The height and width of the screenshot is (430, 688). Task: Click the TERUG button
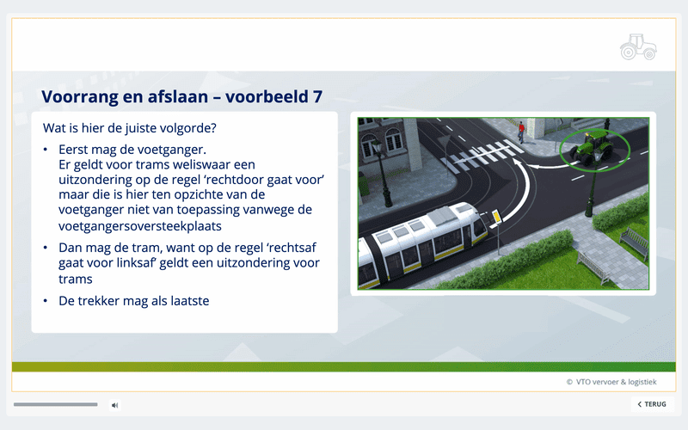[x=653, y=404]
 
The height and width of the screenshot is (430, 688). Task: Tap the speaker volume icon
[x=114, y=405]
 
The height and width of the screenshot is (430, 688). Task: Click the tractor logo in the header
[x=638, y=47]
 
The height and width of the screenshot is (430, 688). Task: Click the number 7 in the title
[x=317, y=96]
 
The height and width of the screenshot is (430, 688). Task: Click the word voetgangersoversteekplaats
[x=140, y=226]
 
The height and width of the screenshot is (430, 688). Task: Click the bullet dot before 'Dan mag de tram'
[x=46, y=248]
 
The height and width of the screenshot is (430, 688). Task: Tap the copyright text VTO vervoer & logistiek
[x=611, y=382]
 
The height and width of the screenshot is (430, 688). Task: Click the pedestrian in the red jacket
[x=521, y=132]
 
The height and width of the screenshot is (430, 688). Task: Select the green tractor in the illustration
[x=593, y=146]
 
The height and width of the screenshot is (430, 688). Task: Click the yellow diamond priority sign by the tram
[x=496, y=216]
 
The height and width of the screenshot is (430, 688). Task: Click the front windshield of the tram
[x=478, y=225]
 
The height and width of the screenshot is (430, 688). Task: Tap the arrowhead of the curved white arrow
[x=518, y=164]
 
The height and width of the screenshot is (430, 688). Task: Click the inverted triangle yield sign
[x=444, y=141]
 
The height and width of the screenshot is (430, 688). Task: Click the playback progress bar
[x=56, y=404]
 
